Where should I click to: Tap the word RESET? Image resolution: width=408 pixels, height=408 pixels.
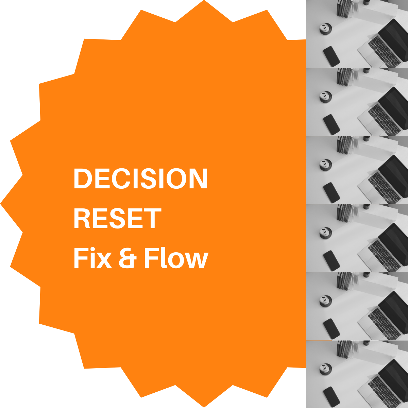coord(117,219)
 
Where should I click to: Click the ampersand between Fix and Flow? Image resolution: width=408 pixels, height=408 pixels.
coord(128,258)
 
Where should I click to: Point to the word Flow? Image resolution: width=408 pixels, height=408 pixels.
coord(175,258)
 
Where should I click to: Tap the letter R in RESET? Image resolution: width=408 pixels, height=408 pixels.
coord(82,219)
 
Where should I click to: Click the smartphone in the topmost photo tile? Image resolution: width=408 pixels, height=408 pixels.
coord(331,56)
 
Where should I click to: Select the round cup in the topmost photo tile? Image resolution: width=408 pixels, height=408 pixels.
coord(326,29)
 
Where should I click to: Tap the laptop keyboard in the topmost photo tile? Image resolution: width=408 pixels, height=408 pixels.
coord(385,51)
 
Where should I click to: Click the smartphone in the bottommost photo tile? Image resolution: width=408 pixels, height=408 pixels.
coord(331,396)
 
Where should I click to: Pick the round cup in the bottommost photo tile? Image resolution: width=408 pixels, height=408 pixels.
coord(326,369)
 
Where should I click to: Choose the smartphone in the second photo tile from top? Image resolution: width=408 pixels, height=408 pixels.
coord(331,124)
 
